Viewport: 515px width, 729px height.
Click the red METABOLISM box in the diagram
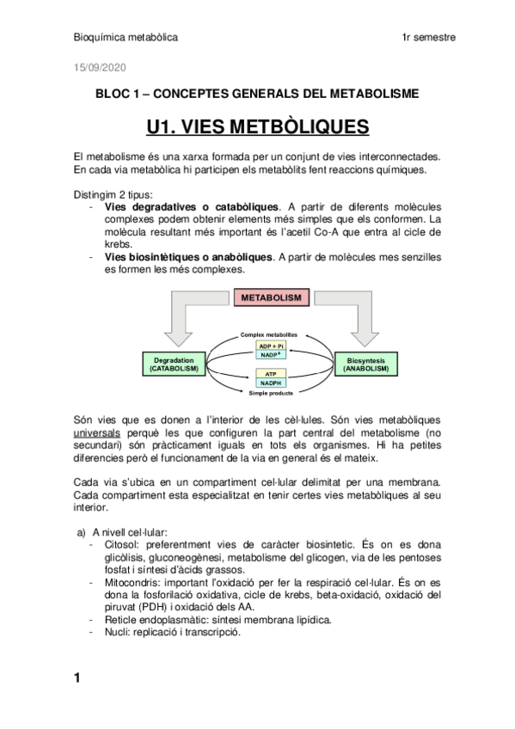point(271,297)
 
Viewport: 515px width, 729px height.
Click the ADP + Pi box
point(271,345)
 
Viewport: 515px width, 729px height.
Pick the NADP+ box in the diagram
point(271,354)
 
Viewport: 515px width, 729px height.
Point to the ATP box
point(271,374)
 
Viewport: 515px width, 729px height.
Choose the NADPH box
point(271,383)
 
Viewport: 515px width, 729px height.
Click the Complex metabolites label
point(269,334)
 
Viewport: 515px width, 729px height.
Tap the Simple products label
point(271,393)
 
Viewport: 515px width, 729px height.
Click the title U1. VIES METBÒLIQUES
point(257,128)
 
